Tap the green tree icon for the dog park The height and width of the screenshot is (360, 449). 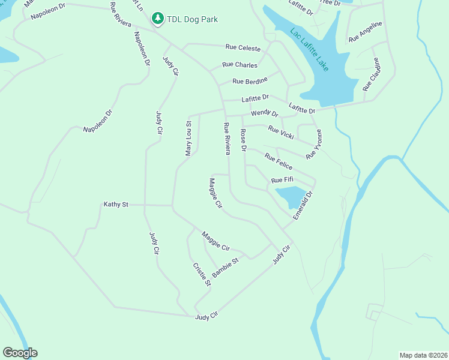pyautogui.click(x=158, y=19)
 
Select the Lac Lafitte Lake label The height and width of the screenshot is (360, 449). pyautogui.click(x=309, y=50)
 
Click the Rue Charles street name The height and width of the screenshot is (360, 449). pyautogui.click(x=240, y=65)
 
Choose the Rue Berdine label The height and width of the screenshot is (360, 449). pyautogui.click(x=250, y=81)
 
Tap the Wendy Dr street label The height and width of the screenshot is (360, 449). pyautogui.click(x=265, y=113)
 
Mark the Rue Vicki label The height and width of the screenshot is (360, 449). pyautogui.click(x=282, y=132)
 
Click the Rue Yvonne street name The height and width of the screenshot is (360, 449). pyautogui.click(x=314, y=145)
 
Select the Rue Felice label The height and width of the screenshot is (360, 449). pyautogui.click(x=279, y=161)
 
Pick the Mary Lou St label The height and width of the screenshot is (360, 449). pyautogui.click(x=188, y=139)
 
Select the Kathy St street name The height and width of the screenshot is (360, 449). pyautogui.click(x=116, y=205)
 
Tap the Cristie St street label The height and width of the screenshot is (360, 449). pyautogui.click(x=202, y=274)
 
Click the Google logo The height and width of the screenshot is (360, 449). pyautogui.click(x=20, y=353)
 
